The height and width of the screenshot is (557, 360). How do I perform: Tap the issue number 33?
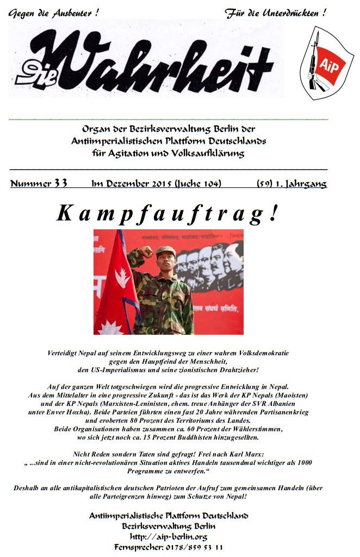pos(60,184)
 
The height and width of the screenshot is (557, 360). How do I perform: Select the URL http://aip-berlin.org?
pos(169,536)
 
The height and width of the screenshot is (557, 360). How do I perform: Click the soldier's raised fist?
pos(146,252)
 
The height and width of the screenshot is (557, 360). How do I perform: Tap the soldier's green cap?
pos(165,251)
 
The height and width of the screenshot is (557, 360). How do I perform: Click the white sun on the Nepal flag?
pos(113,327)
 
